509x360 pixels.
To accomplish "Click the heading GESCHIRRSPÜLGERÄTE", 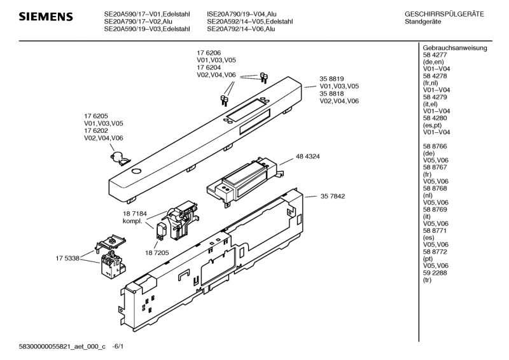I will point(444,13).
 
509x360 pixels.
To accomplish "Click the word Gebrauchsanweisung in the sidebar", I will point(454,48).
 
